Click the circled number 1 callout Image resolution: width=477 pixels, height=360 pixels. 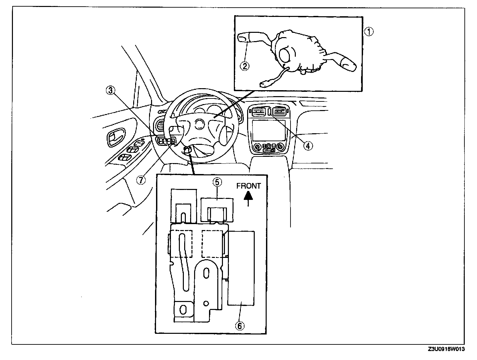tap(369, 32)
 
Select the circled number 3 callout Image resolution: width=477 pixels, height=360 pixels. tap(111, 90)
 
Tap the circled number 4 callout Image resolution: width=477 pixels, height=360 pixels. tap(308, 145)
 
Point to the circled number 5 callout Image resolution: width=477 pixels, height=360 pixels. tap(217, 182)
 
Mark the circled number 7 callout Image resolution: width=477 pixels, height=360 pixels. tap(141, 180)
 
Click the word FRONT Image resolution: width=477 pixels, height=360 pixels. tap(248, 186)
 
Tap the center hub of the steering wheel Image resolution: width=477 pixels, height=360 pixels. tap(199, 124)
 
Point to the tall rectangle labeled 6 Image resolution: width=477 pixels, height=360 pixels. tap(241, 268)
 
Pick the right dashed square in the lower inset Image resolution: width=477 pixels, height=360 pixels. tap(213, 244)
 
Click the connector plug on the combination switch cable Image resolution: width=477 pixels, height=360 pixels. tap(265, 84)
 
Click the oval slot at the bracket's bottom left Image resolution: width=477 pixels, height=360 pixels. tap(183, 310)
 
